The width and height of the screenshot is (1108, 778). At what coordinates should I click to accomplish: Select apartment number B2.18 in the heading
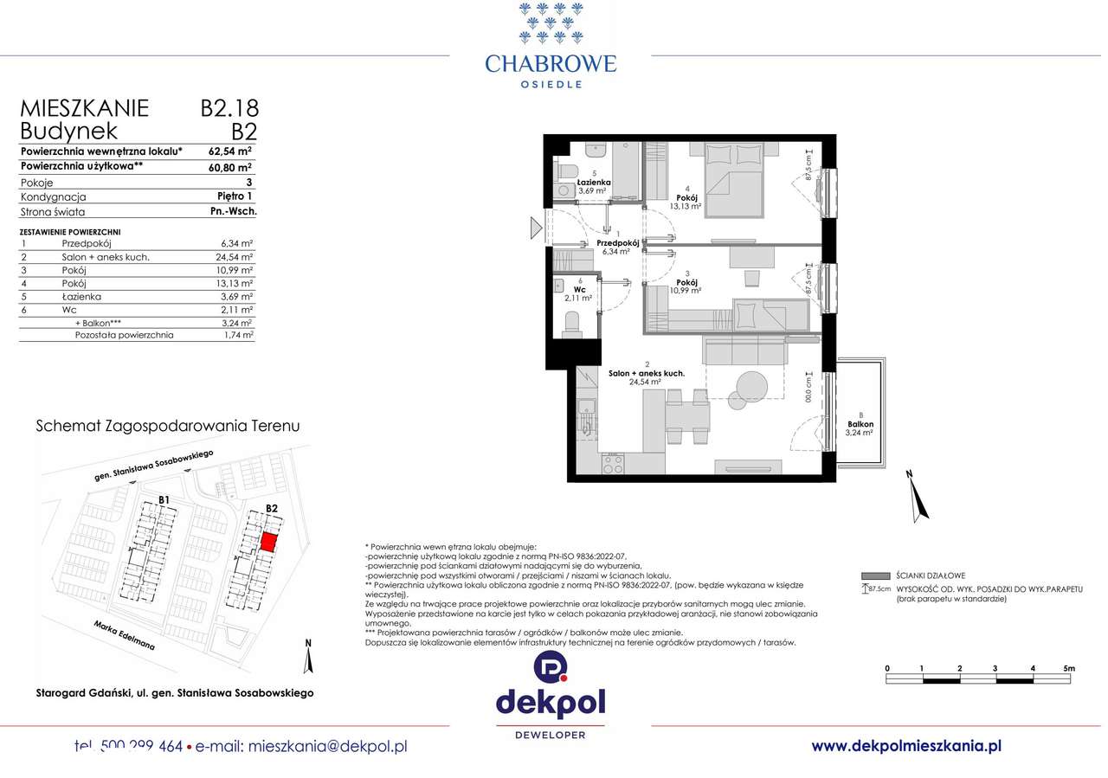coord(229,108)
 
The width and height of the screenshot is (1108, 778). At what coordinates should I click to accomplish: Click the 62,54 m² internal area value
coord(230,151)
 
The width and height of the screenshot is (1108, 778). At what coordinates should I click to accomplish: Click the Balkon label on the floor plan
coord(860,424)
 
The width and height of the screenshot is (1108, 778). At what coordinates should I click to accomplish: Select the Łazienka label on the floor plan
coord(596,183)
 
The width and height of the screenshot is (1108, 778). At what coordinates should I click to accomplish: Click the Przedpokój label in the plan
coord(619,244)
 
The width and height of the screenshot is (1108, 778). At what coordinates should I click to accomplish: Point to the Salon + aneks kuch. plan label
coord(646,373)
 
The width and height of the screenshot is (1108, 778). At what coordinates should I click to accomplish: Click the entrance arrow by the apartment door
coord(536,228)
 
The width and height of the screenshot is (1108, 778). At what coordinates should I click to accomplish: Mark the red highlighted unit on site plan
coord(269,543)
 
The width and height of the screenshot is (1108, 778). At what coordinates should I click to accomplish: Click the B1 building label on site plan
coord(164,500)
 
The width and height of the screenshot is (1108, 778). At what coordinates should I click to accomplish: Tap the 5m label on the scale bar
coord(1068,669)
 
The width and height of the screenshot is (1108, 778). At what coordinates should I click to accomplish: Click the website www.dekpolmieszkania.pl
coord(906,745)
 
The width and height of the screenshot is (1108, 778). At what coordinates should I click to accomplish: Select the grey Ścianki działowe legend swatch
coord(877,575)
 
